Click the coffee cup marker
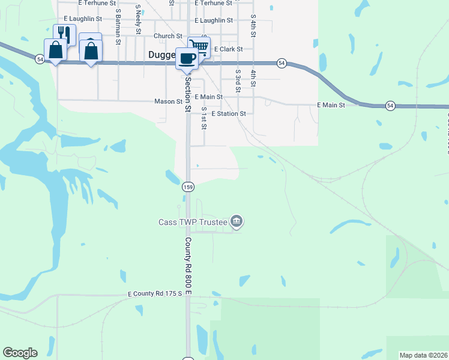187,59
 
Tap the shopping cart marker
199,46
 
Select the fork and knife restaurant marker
64,34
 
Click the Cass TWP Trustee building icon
237,222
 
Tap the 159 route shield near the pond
188,187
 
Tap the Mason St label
168,102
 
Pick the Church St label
167,36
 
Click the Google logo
20,353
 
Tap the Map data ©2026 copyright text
423,355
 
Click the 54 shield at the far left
39,59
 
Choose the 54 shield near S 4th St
281,63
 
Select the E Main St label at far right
331,105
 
